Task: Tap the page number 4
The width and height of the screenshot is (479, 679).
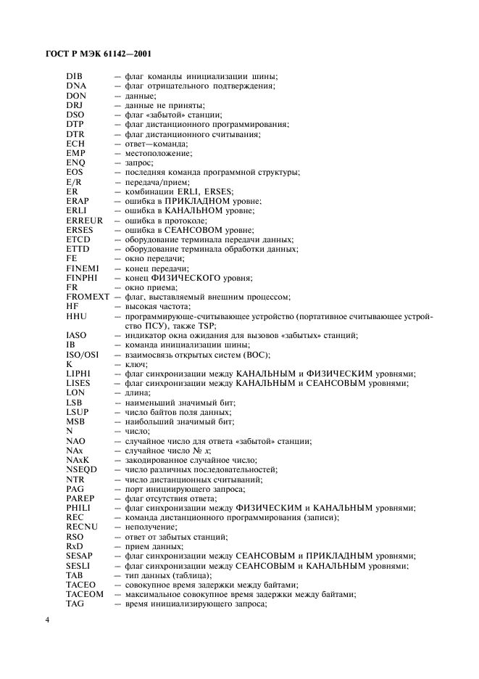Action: [x=47, y=622]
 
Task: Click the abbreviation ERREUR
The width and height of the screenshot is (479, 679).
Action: [x=84, y=220]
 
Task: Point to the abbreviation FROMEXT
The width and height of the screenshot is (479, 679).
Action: [x=88, y=297]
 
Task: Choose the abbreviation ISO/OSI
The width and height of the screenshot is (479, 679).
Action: [x=83, y=354]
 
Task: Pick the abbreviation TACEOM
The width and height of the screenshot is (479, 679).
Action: [x=85, y=593]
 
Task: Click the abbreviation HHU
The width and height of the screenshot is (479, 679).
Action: [x=76, y=316]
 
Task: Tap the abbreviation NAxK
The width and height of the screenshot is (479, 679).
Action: [x=78, y=459]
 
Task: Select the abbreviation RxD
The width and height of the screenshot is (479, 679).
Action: [x=75, y=546]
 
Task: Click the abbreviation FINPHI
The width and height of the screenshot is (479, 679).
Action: [x=82, y=278]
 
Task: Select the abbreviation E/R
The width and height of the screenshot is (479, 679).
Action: [x=73, y=182]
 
